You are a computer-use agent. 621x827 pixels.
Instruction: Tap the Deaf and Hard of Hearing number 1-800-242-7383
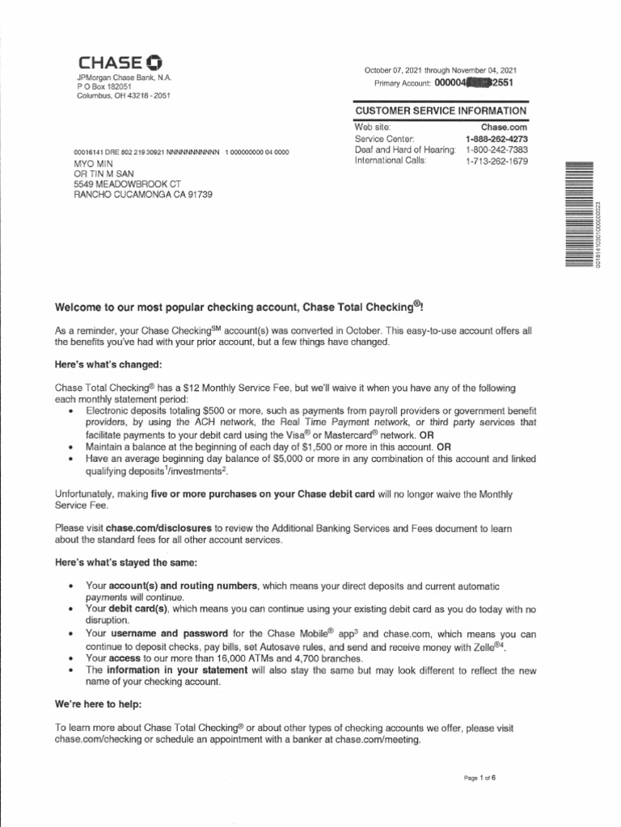(496, 149)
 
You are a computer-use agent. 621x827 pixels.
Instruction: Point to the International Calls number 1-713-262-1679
(496, 161)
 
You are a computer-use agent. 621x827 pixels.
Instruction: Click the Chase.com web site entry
(504, 128)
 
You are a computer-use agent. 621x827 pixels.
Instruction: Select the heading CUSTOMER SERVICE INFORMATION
(441, 111)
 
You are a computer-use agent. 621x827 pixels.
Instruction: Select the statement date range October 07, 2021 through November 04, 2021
(441, 70)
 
